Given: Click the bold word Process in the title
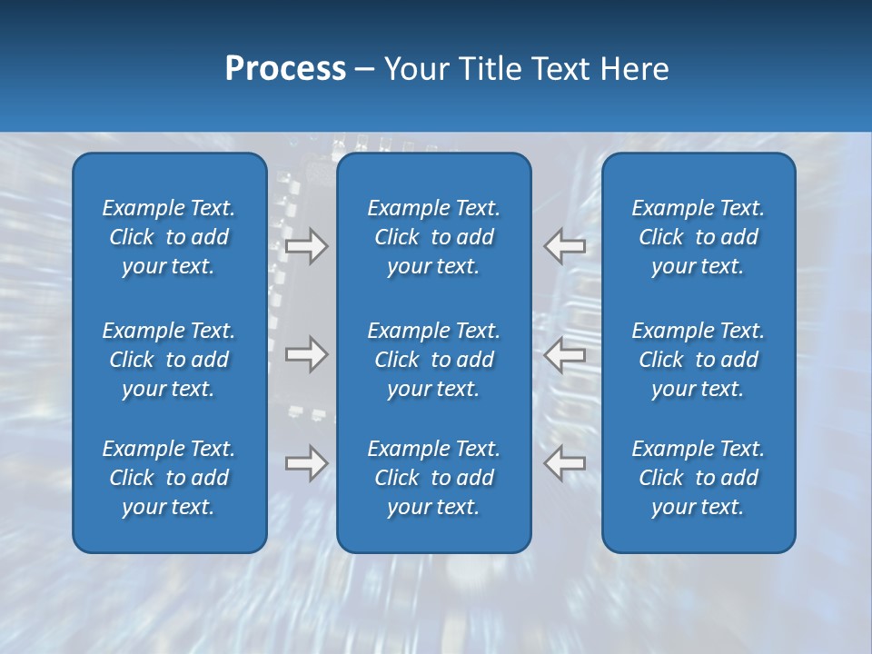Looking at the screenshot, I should click(x=285, y=69).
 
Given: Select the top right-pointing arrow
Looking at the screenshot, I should click(x=306, y=246).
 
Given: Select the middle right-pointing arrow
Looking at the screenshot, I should click(x=306, y=354).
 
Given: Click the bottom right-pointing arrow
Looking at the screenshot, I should click(x=306, y=463).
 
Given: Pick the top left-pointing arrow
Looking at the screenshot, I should click(x=565, y=246).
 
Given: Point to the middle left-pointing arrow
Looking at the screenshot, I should click(x=565, y=354).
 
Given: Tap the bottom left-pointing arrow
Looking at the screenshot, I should click(x=565, y=463).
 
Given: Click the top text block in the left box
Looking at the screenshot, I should click(x=169, y=237).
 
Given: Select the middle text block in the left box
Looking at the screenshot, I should click(x=169, y=360).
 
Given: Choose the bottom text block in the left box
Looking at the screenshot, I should click(x=169, y=478).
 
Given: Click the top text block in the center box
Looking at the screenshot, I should click(x=433, y=237).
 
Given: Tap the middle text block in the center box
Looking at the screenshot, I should click(x=433, y=360).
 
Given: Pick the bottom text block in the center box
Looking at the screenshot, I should click(x=433, y=478).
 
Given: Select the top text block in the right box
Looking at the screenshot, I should click(x=698, y=237).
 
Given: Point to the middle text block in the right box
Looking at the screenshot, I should click(x=698, y=360).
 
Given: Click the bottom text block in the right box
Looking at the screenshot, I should click(x=698, y=478).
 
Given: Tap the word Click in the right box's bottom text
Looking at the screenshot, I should click(x=660, y=478).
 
